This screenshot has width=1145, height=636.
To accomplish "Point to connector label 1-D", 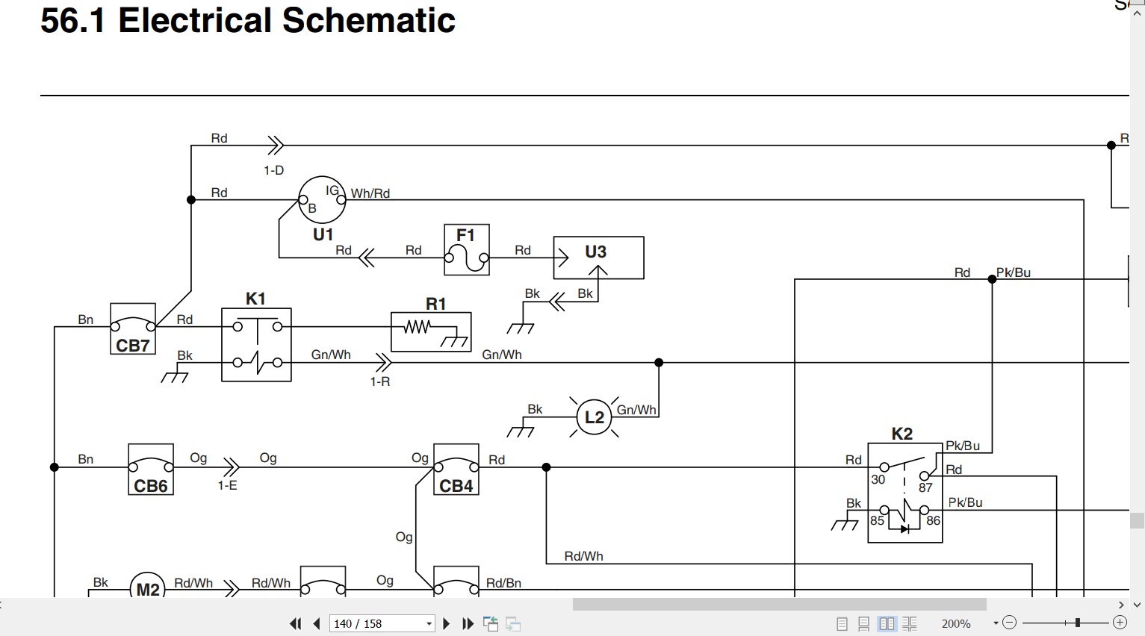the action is tap(274, 170).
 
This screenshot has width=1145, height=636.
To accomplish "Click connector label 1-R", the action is tap(380, 381).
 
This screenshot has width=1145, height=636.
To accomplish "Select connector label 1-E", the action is tap(228, 485).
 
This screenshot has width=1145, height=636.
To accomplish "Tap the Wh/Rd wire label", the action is tap(370, 193).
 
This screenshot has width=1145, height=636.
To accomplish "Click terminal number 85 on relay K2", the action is tap(877, 520).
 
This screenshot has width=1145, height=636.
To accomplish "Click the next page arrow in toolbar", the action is tap(446, 623).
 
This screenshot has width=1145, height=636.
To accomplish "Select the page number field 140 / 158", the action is tap(382, 624).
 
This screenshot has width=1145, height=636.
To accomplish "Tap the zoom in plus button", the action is tap(1120, 623).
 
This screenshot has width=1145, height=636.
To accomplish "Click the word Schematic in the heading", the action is tap(368, 20).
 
